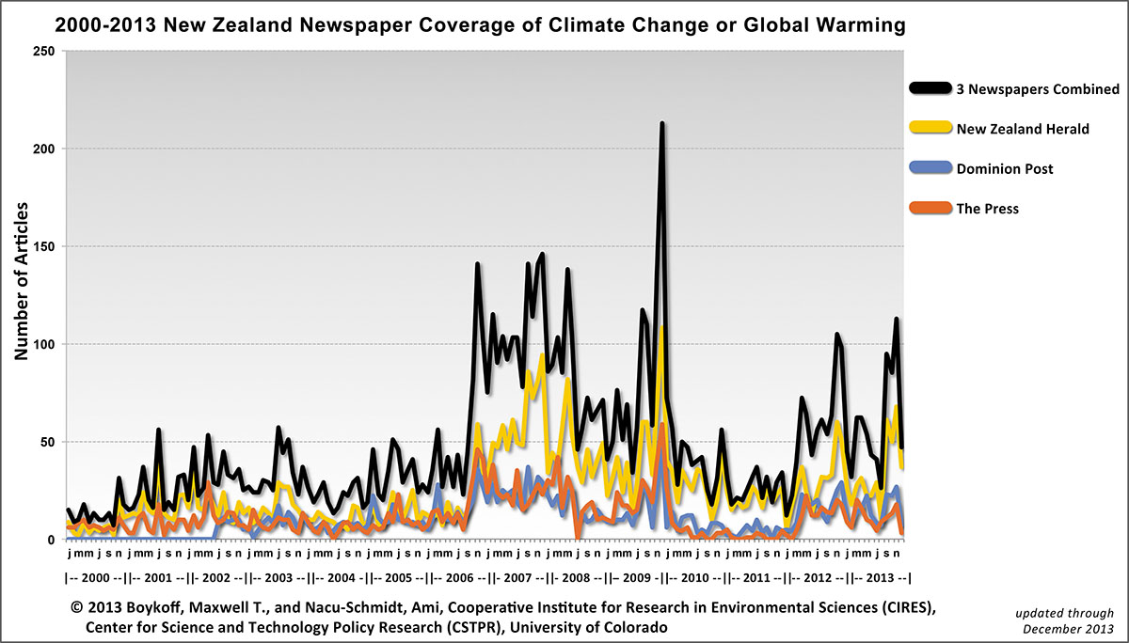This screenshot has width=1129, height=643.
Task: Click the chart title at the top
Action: point(481,25)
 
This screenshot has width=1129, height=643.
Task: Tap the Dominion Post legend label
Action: point(1004,169)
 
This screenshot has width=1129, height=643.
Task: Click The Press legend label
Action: point(987,209)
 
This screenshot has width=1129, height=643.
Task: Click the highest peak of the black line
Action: point(662,123)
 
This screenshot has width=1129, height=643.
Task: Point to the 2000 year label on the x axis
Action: point(95,577)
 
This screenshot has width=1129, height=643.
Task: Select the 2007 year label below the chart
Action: point(520,577)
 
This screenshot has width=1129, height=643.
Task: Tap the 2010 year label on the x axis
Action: point(697,577)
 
